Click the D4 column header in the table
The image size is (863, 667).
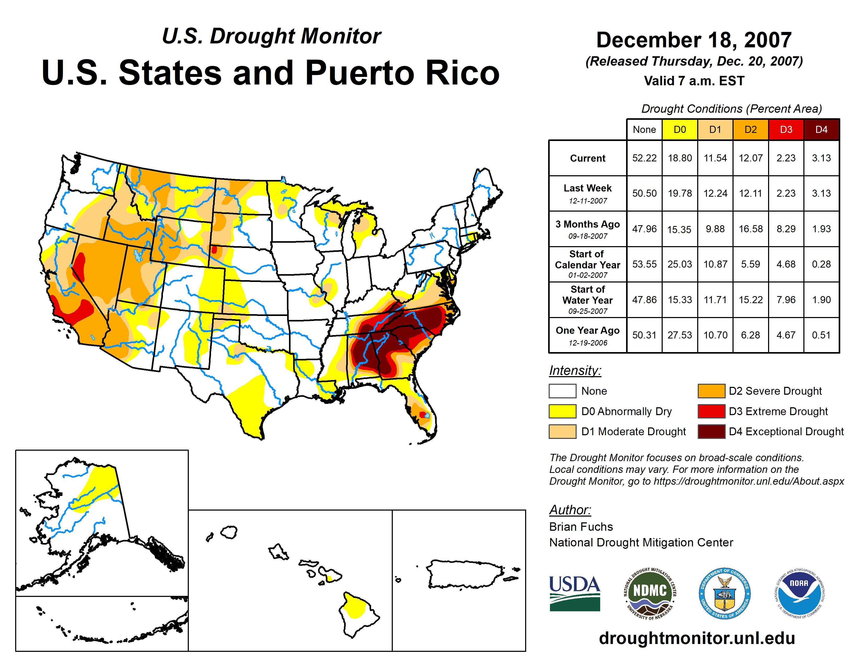[x=821, y=129]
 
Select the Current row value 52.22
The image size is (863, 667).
[x=644, y=158]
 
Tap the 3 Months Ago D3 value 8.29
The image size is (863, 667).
[x=786, y=229]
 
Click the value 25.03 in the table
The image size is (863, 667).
[x=680, y=264]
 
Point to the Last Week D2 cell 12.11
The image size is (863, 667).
[x=750, y=193]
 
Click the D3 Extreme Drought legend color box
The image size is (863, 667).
[x=711, y=411]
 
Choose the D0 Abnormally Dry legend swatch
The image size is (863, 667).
[x=562, y=411]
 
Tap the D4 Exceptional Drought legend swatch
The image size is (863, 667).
[x=711, y=432]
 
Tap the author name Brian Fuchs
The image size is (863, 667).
[x=581, y=527]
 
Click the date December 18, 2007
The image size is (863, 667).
[x=694, y=40]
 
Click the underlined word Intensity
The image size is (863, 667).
[x=575, y=371]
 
